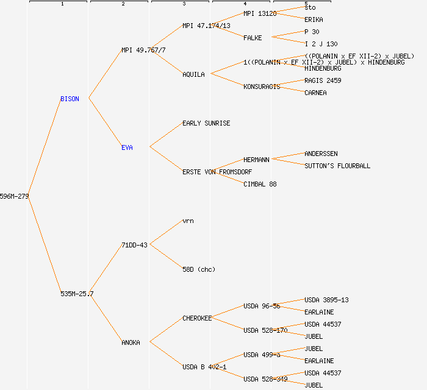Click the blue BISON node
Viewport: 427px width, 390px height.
(70, 99)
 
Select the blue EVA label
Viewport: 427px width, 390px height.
(127, 147)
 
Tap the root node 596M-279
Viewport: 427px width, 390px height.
(14, 196)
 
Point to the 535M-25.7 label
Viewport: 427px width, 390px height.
(77, 294)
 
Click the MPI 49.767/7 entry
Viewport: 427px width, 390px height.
(143, 50)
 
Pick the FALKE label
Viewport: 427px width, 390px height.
(253, 38)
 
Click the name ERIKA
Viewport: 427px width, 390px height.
(314, 19)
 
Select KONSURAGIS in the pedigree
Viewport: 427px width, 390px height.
(262, 87)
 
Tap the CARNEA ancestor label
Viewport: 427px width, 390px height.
(315, 93)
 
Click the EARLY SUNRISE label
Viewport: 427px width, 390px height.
(206, 123)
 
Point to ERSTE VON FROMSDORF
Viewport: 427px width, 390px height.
(217, 172)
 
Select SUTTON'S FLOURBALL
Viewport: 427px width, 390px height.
(337, 166)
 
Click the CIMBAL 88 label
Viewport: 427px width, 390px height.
(260, 184)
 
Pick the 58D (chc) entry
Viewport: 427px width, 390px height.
(199, 269)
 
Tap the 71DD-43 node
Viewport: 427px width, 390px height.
(134, 245)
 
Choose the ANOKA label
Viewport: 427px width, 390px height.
(131, 342)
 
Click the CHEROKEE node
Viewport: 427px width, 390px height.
(197, 318)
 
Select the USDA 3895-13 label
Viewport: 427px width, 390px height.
(326, 300)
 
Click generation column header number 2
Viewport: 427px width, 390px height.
(123, 4)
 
